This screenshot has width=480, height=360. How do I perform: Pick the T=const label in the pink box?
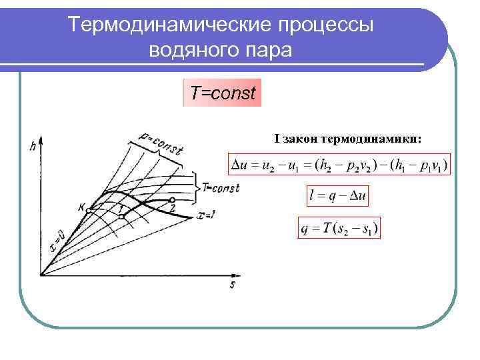223,93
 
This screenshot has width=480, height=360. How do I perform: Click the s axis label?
233,285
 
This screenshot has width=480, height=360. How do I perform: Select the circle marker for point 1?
121,215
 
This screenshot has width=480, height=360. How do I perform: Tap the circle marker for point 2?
172,199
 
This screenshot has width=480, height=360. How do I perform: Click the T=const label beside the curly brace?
221,189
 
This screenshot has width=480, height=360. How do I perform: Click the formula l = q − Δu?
339,196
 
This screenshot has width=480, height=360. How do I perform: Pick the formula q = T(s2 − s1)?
339,229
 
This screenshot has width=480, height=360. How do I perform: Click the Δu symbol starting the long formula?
237,164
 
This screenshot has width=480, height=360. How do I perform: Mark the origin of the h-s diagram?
41,274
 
